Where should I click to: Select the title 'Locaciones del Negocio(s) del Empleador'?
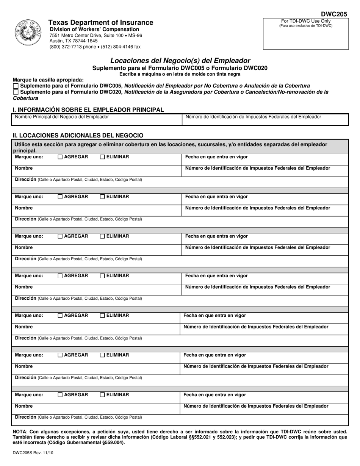(180, 61)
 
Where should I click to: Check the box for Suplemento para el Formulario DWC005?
(16, 86)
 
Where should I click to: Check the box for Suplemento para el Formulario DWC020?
(16, 92)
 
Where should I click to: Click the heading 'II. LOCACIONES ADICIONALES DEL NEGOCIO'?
(78, 135)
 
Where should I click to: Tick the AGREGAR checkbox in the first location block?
(60, 157)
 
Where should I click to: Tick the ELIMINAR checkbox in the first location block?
(102, 157)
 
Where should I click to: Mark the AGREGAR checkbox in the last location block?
(60, 395)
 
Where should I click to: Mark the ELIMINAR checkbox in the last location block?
(102, 395)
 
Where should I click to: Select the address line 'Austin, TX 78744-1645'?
(74, 41)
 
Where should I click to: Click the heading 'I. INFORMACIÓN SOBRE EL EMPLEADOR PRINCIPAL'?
(88, 110)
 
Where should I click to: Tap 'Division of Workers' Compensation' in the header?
(94, 30)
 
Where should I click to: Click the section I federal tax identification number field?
(265, 120)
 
